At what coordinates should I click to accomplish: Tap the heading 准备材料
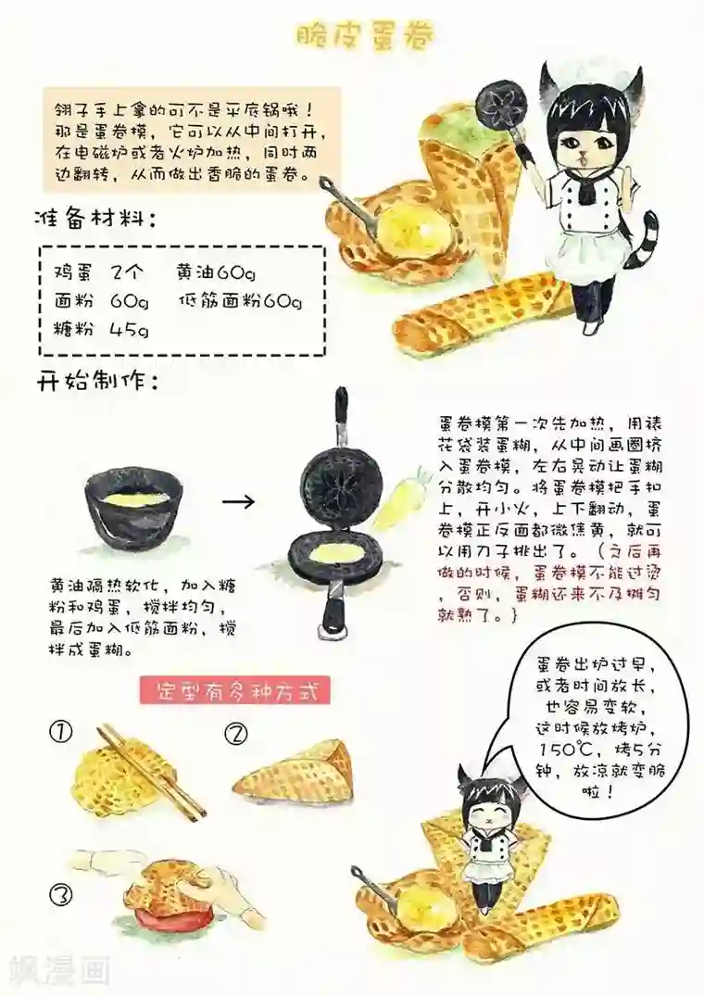tap(94, 221)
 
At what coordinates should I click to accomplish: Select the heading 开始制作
tap(94, 381)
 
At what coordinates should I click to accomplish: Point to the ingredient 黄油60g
tap(215, 272)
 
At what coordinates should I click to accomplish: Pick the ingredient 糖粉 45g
tap(101, 329)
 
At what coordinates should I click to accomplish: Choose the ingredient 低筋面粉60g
tap(240, 301)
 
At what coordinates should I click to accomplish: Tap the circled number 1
tap(60, 732)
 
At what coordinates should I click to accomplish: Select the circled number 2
tap(237, 735)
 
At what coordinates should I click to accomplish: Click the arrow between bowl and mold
tap(240, 501)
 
